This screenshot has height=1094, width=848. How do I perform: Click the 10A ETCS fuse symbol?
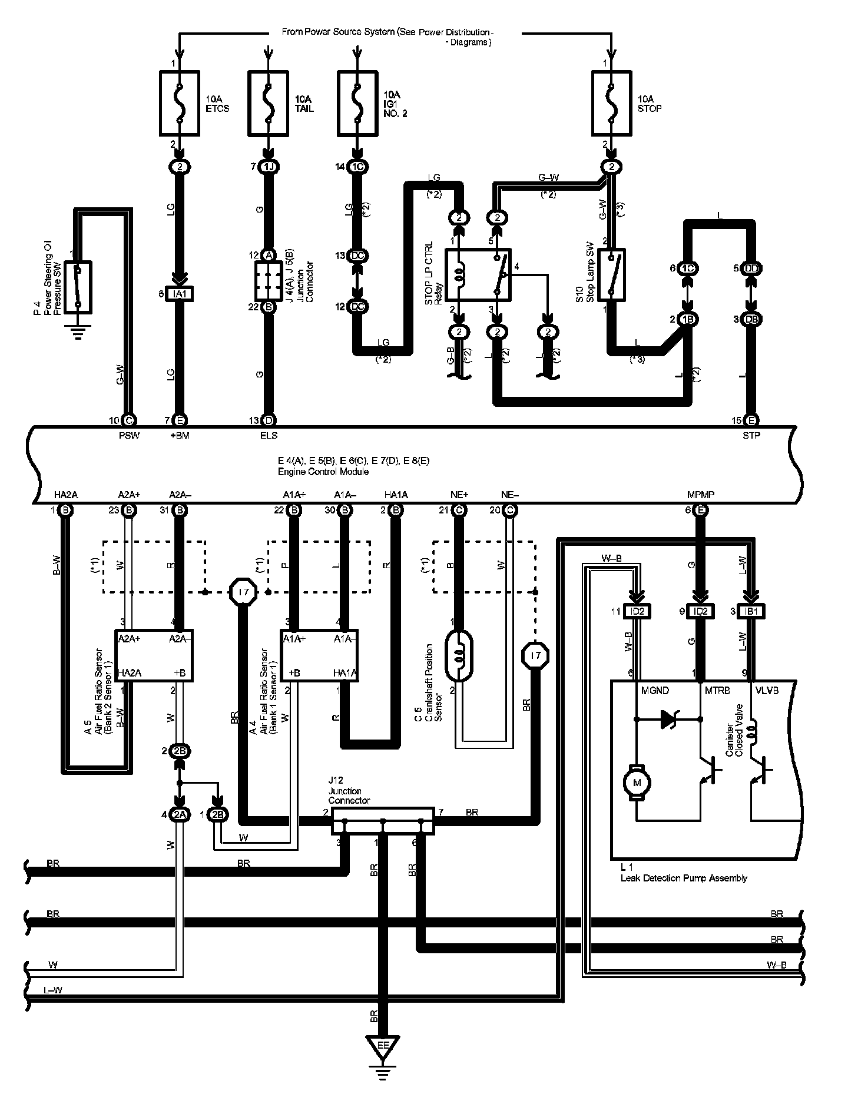(x=180, y=102)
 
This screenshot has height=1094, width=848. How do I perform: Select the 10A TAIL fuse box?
(x=268, y=102)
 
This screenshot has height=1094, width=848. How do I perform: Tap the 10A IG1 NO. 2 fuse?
(x=357, y=102)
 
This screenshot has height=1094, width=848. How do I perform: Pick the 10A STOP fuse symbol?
(x=611, y=102)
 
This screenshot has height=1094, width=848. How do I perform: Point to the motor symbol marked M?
(x=637, y=783)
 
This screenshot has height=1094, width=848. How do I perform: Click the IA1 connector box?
(x=180, y=294)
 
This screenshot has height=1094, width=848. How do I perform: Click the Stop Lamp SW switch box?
(x=611, y=275)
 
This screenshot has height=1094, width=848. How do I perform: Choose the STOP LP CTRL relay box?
(x=478, y=274)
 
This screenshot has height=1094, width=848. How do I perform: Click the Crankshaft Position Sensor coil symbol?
(x=460, y=654)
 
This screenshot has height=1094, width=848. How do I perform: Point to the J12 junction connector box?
(x=383, y=820)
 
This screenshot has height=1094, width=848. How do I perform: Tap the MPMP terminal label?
(x=700, y=495)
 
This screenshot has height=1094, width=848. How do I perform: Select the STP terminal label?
(x=751, y=436)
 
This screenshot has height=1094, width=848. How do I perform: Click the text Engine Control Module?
(x=323, y=472)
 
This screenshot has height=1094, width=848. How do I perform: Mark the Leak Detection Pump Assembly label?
(x=684, y=878)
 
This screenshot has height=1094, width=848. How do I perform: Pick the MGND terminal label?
(x=655, y=691)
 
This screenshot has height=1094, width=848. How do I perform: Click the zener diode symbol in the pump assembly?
(x=668, y=718)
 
